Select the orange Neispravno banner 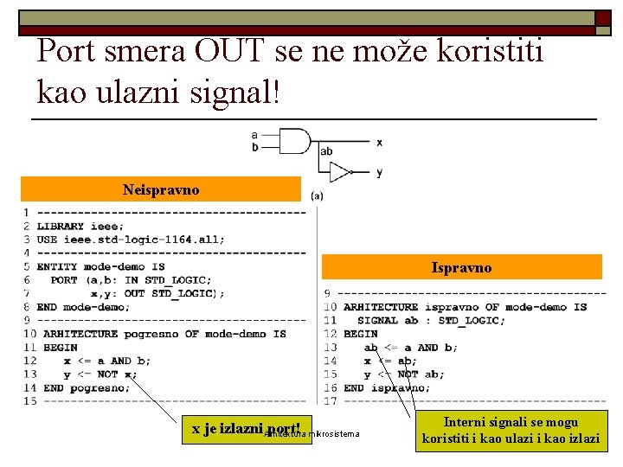pos(161,189)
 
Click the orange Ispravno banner pos(461,267)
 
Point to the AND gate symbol pos(294,141)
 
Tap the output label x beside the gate pos(379,142)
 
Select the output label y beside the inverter pos(379,172)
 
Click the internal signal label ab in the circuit pos(326,152)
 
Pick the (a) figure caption pos(317,195)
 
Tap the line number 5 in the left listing pos(27,266)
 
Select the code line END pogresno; pos(87,387)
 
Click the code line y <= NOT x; pos(100,374)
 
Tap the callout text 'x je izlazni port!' pos(246,428)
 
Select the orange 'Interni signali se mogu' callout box pos(511,431)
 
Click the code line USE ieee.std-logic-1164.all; pos(131,240)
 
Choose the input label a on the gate pos(254,135)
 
